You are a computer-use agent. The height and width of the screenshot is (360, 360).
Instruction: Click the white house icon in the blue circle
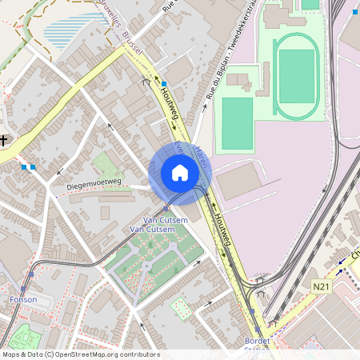180,173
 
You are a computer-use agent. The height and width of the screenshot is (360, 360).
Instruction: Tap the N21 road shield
321,286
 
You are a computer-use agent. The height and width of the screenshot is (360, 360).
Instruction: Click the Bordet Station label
258,344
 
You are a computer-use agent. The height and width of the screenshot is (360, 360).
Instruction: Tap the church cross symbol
4,141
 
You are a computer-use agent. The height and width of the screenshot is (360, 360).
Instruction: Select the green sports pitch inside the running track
297,76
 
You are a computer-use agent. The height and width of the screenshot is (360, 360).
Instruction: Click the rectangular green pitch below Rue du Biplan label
237,123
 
